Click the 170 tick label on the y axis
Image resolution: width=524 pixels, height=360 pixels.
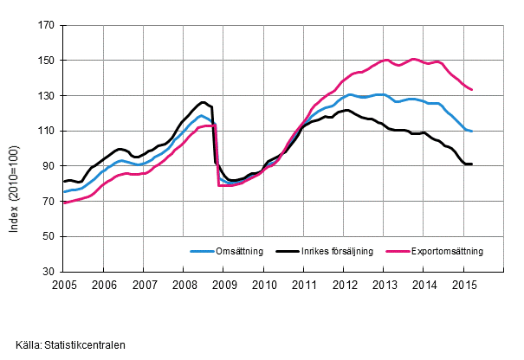pos(48,26)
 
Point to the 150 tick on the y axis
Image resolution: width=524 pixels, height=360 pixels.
pos(48,61)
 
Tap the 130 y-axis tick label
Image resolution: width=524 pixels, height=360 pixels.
pos(48,96)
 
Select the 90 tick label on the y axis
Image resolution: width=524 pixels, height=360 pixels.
pos(50,166)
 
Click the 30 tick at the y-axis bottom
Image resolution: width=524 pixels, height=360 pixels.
pos(50,272)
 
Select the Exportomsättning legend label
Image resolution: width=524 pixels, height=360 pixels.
pos(449,252)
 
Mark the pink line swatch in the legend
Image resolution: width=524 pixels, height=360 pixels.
pos(397,252)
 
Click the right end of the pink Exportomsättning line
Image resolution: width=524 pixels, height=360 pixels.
pos(471,89)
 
